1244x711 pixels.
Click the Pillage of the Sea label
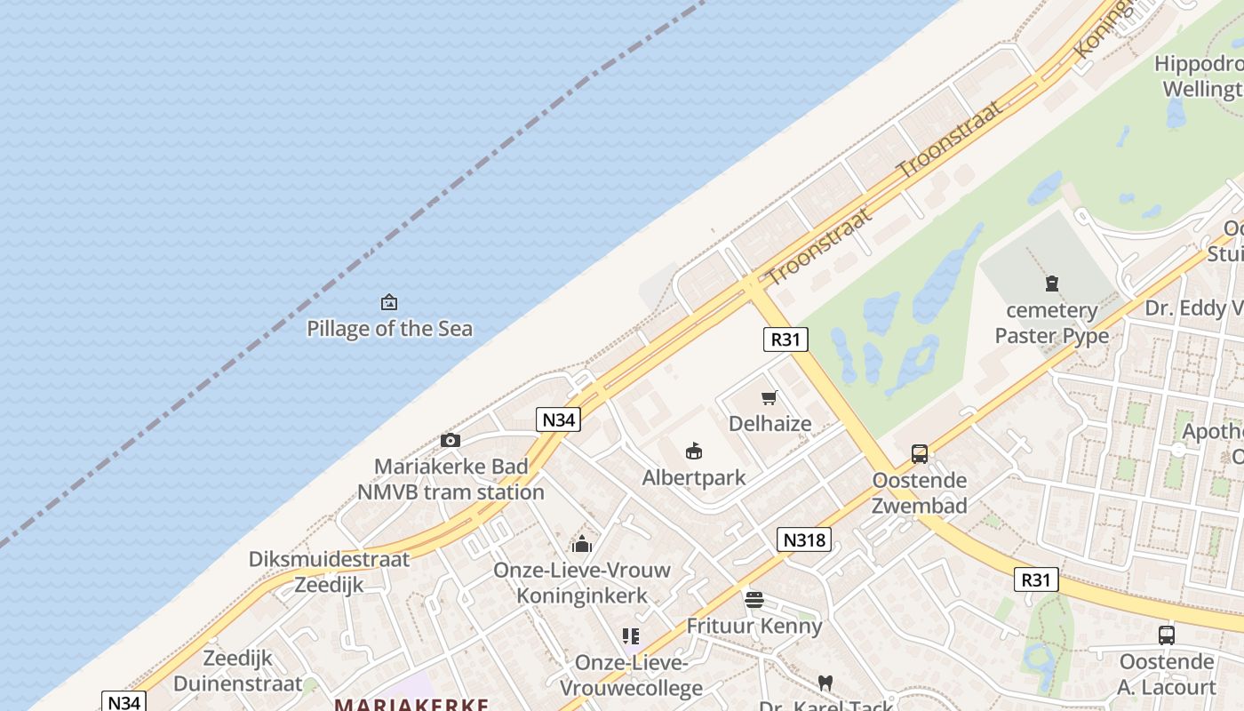point(389,329)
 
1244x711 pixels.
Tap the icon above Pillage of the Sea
point(389,303)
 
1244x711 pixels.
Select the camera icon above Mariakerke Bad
point(451,441)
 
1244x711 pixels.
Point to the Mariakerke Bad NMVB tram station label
point(451,479)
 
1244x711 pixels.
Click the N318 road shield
point(804,539)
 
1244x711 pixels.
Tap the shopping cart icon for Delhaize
point(770,398)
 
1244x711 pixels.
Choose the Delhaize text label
point(770,423)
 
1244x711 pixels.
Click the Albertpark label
point(694,477)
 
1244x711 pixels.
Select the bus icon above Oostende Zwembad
point(920,454)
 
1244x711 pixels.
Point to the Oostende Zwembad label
point(920,493)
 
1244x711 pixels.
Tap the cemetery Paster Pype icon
point(1052,284)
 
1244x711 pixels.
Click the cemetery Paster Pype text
point(1052,323)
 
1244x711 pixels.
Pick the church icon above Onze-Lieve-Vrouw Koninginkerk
point(582,543)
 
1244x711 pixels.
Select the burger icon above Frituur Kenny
point(754,600)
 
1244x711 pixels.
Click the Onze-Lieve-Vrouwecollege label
point(631,675)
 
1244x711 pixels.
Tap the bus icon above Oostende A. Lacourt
point(1167,635)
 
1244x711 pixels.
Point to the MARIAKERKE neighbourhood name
point(411,705)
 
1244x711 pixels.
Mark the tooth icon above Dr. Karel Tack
point(825,683)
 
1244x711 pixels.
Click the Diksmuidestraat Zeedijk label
point(330,571)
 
